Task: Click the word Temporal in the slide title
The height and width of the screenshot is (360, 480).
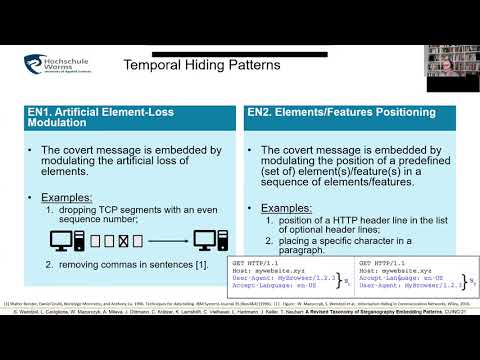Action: tap(154, 66)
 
